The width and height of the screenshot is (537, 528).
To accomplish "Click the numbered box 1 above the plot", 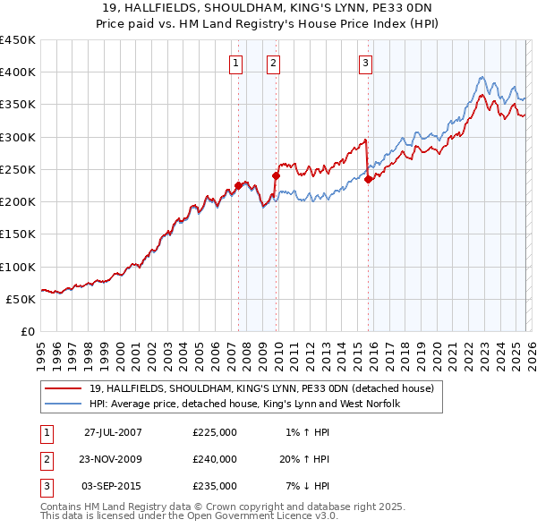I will coord(234,63).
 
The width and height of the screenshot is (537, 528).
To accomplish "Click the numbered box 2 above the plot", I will coord(272,63).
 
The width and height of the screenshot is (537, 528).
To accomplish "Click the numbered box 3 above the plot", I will coord(366,63).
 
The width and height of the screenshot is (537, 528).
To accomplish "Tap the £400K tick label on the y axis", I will coord(18,72).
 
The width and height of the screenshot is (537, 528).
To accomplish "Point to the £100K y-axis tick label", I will coord(18,267).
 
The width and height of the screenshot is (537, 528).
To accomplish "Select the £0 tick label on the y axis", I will coord(27,331).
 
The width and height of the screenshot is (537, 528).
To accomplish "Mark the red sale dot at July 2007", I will coord(238,185).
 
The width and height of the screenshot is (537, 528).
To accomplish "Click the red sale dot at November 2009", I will coord(276,176).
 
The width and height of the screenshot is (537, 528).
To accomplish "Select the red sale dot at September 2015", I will coord(368,179).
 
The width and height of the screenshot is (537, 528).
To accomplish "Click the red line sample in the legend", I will coord(64,388).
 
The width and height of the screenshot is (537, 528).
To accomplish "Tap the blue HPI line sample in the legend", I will coord(64,404).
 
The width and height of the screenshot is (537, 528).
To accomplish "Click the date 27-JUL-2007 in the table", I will coord(113,432).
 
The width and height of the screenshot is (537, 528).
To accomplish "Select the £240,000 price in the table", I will coord(215,459).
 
